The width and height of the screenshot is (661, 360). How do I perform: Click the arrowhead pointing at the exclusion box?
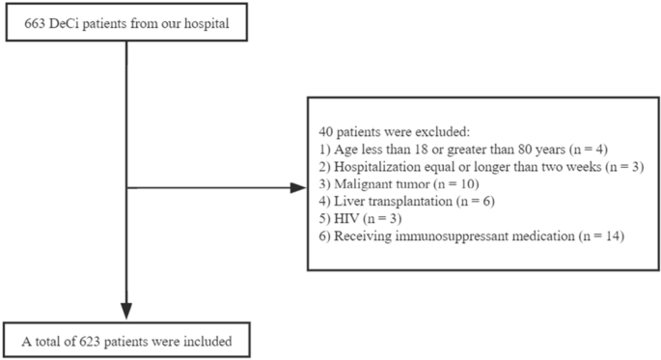click(x=298, y=187)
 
